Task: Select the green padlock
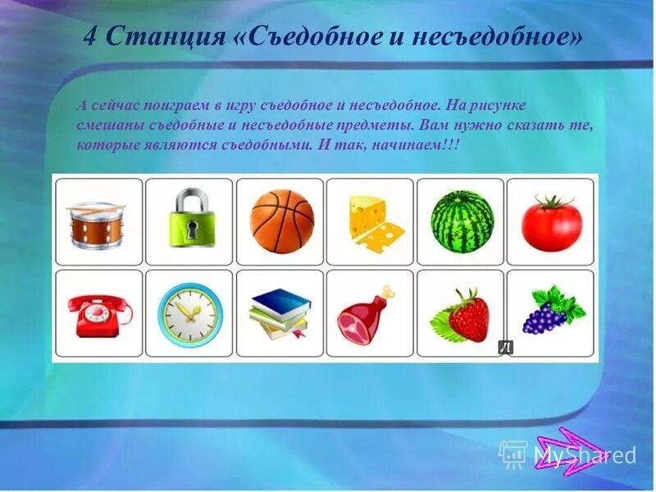189,221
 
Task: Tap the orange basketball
281,221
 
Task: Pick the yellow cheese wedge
372,222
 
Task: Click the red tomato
551,224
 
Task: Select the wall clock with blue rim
189,313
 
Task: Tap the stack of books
280,315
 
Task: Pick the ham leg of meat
367,317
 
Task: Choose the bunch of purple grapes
550,312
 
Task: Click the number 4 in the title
92,36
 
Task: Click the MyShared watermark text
585,454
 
